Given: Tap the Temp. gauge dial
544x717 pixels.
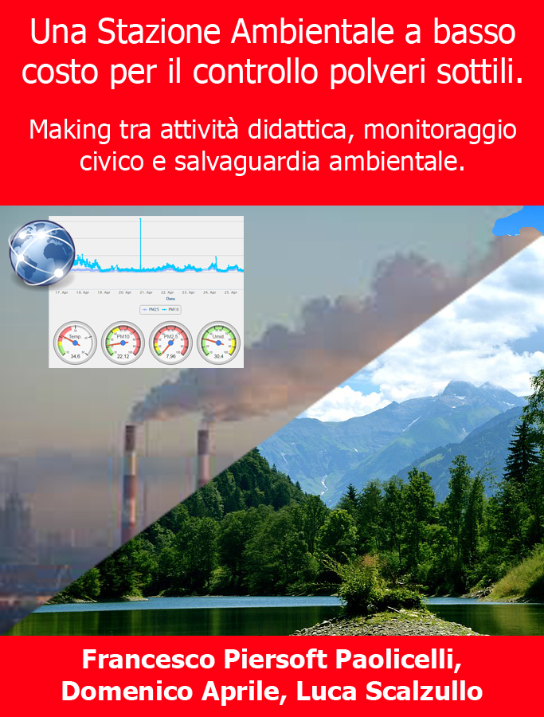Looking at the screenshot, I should [x=75, y=343].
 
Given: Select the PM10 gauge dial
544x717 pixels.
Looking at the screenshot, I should [x=123, y=343].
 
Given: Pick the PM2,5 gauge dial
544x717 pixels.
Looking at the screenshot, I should [x=170, y=343].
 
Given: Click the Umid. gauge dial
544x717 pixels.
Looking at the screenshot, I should [x=217, y=343].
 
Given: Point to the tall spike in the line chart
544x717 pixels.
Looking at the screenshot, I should [x=140, y=239].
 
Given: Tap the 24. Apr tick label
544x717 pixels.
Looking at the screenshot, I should [x=208, y=292].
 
